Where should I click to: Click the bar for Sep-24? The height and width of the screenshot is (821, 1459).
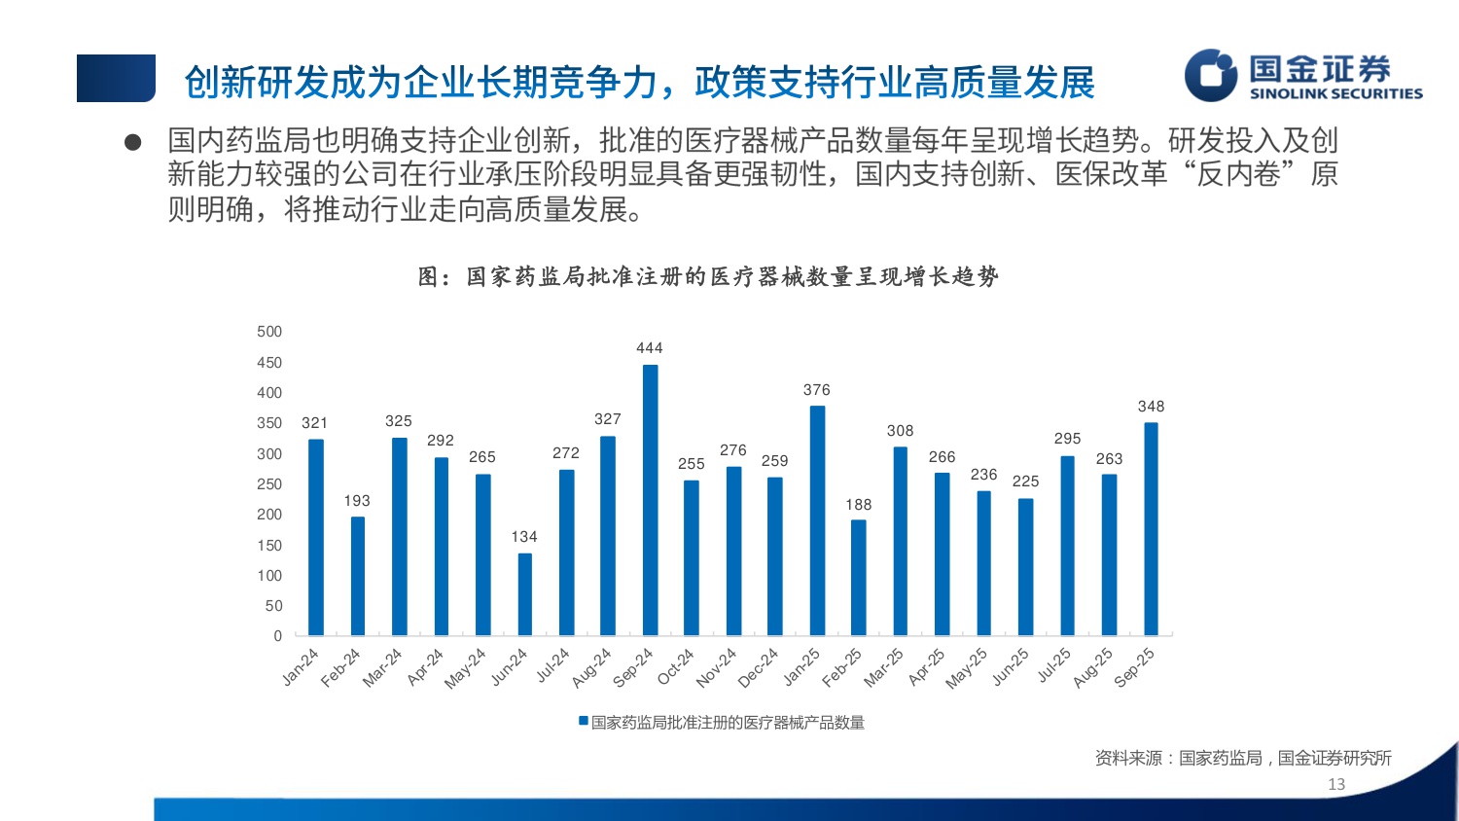tap(650, 500)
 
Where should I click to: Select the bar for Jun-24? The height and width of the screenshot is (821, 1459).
tap(524, 594)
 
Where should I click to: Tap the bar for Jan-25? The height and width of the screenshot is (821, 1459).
tap(817, 520)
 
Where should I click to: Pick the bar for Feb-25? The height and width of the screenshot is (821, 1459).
tap(858, 578)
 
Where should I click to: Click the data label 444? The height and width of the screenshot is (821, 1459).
tap(649, 348)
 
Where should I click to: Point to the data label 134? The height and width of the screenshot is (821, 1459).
tap(524, 537)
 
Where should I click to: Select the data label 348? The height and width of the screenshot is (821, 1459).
tap(1151, 407)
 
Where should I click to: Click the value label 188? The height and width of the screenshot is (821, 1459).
tap(858, 505)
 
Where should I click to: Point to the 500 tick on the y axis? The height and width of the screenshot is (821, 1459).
tap(269, 332)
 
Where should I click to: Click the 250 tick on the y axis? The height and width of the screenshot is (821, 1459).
tap(269, 484)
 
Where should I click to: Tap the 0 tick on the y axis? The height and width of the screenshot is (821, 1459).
tap(277, 636)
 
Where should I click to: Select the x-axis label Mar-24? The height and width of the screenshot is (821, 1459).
tap(382, 668)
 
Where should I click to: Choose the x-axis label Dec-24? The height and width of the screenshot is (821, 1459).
tap(759, 668)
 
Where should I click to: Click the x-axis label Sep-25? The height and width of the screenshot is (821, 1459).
tap(1134, 668)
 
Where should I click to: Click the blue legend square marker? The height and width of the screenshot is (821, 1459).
tap(584, 722)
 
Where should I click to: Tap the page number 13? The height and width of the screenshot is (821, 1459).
tap(1336, 784)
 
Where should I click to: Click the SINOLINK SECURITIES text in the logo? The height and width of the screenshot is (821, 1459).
tap(1335, 94)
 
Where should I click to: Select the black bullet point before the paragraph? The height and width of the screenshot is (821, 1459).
tap(133, 143)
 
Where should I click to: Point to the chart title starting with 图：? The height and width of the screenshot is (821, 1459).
tap(708, 277)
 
